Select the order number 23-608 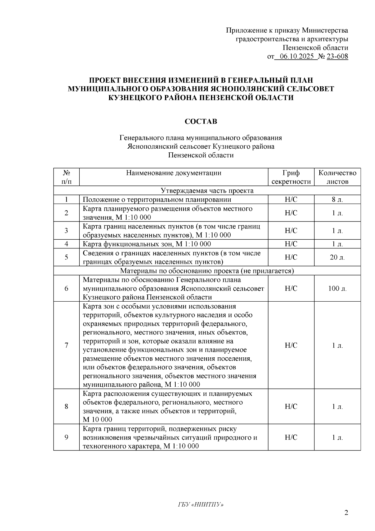pyautogui.click(x=337, y=57)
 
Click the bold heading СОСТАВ pyautogui.click(x=201, y=121)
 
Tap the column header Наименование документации pyautogui.click(x=174, y=173)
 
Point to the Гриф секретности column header pyautogui.click(x=291, y=177)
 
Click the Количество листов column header pyautogui.click(x=337, y=177)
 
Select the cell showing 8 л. pyautogui.click(x=337, y=200)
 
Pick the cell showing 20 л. pyautogui.click(x=337, y=257)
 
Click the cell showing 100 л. pyautogui.click(x=337, y=288)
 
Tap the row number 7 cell pyautogui.click(x=66, y=345)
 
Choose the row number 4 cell pyautogui.click(x=66, y=244)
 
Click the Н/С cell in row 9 pyautogui.click(x=291, y=437)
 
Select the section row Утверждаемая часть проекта pyautogui.click(x=207, y=191)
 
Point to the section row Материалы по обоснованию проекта pyautogui.click(x=207, y=271)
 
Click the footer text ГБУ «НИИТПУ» pyautogui.click(x=201, y=505)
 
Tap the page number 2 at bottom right pyautogui.click(x=346, y=513)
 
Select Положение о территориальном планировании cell pyautogui.click(x=157, y=200)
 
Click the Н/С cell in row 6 pyautogui.click(x=291, y=288)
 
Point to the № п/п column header pyautogui.click(x=66, y=177)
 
